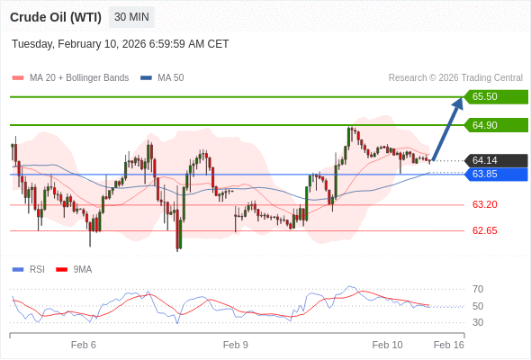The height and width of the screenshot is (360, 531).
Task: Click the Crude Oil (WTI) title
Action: click(x=55, y=17)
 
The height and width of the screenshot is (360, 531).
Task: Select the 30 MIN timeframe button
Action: click(x=131, y=17)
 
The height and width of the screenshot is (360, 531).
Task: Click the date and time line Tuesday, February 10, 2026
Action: click(x=121, y=44)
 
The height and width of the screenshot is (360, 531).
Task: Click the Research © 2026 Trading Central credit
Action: click(x=455, y=78)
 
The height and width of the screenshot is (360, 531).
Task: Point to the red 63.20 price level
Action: click(x=484, y=204)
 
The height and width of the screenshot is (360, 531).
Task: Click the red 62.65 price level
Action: click(x=484, y=230)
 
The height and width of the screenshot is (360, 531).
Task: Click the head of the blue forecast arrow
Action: click(x=458, y=102)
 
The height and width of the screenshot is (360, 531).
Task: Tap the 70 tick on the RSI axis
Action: click(x=478, y=289)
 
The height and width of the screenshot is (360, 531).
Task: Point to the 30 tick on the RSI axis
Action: click(x=478, y=322)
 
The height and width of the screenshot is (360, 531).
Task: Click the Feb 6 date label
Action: click(x=84, y=345)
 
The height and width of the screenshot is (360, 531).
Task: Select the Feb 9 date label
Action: click(x=236, y=345)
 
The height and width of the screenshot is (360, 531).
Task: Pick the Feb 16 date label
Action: click(x=448, y=345)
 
